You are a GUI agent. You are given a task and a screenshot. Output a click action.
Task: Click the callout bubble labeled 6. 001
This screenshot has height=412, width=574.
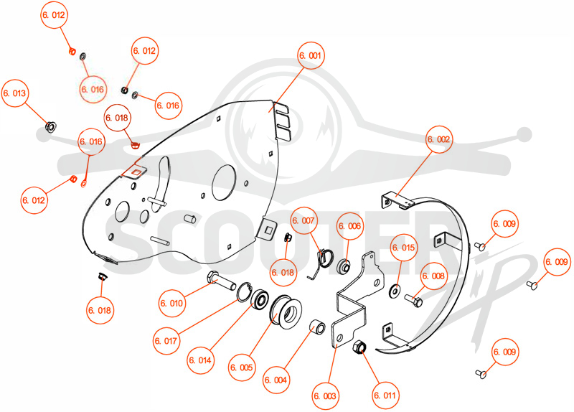(x=311, y=56)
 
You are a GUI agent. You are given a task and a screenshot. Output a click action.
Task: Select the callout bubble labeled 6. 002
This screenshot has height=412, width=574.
(x=438, y=139)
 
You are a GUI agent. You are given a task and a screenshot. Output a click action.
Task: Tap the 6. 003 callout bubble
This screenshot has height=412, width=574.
(x=325, y=396)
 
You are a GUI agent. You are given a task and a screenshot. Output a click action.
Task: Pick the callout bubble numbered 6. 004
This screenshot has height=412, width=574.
(x=276, y=380)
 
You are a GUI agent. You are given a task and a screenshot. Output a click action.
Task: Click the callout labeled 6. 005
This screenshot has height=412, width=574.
(x=242, y=367)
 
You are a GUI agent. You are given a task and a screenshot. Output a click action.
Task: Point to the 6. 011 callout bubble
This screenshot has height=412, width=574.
(x=385, y=395)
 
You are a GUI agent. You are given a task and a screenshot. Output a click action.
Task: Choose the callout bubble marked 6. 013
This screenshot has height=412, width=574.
(x=15, y=93)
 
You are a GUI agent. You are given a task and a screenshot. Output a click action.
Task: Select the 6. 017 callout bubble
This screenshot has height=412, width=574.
(x=166, y=341)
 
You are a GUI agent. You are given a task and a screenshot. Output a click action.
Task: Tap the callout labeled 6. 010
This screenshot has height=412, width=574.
(x=171, y=303)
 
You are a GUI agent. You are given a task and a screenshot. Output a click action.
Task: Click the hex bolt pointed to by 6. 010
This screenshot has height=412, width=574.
(x=222, y=281)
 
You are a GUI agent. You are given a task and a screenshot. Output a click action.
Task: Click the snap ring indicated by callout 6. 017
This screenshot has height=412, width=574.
(x=244, y=292)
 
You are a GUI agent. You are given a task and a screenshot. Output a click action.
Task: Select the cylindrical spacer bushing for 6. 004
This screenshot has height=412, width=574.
(x=317, y=326)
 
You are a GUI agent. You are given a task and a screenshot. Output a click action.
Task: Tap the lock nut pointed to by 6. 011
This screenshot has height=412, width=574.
(x=358, y=347)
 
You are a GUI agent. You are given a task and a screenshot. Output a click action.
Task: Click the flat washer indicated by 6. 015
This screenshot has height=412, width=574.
(x=395, y=291)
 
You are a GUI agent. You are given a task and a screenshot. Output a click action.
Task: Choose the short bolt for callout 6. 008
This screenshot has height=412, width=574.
(x=414, y=301)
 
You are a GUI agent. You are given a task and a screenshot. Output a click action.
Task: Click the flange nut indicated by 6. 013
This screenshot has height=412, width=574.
(x=50, y=127)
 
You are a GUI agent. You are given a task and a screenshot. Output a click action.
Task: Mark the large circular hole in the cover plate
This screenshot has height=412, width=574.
(x=223, y=182)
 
